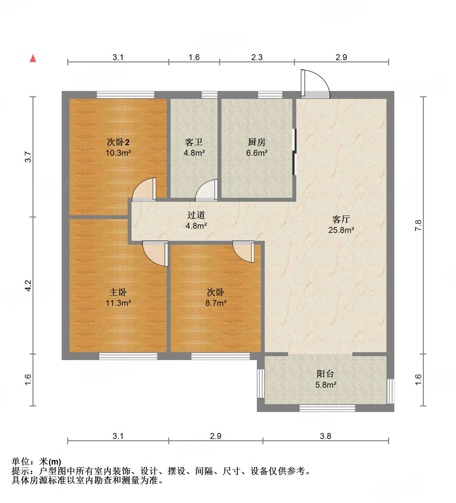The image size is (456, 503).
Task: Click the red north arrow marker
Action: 33,58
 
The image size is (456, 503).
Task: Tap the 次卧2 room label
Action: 118,142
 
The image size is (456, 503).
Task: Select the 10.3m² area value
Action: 118,153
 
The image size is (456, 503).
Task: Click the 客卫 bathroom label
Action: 194,142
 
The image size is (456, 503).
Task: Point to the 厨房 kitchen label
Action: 257,142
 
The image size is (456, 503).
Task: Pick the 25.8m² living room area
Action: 341,230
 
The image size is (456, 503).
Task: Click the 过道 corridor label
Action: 196,215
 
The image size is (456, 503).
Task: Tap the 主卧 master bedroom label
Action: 118,292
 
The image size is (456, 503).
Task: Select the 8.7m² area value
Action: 216,303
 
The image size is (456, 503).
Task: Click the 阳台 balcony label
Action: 325,374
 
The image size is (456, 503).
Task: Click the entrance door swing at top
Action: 315,85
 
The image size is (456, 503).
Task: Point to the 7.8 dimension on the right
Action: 418,225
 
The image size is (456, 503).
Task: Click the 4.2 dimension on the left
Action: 28,285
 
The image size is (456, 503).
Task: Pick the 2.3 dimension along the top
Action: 257,57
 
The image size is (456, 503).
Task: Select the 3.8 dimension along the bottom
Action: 325,436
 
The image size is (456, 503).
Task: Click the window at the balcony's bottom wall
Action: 327,408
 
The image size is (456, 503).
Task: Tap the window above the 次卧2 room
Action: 125,95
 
